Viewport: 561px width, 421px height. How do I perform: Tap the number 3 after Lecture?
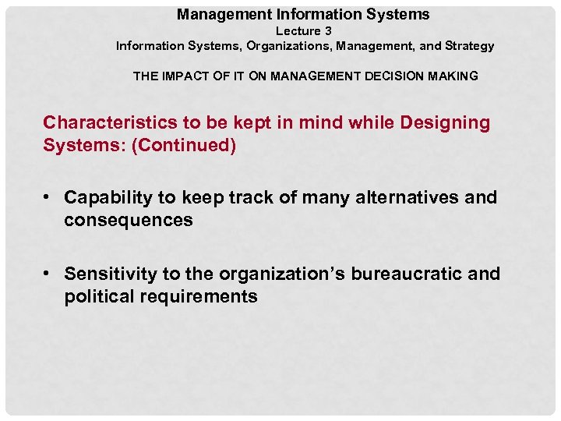[328, 31]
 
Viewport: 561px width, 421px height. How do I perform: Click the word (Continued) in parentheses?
[184, 146]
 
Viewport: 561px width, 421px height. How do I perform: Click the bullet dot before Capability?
[48, 198]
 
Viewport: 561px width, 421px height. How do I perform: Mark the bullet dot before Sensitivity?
[48, 274]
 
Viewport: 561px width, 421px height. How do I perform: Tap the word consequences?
[129, 221]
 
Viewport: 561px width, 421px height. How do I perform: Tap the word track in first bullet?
[251, 198]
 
